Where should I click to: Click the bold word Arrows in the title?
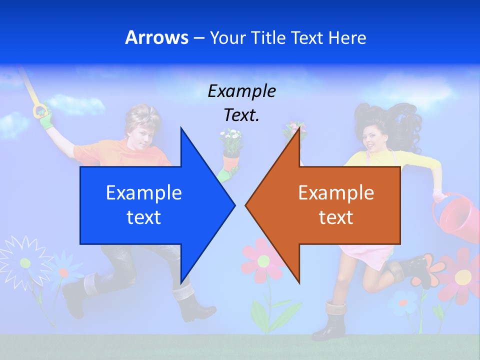pyautogui.click(x=156, y=37)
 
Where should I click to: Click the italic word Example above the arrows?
pyautogui.click(x=241, y=91)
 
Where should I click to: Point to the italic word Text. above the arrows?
pyautogui.click(x=241, y=115)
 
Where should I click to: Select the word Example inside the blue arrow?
pyautogui.click(x=144, y=192)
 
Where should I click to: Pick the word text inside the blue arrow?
pyautogui.click(x=144, y=217)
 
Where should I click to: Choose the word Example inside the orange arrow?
pyautogui.click(x=336, y=192)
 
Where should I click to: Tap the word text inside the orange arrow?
pyautogui.click(x=336, y=217)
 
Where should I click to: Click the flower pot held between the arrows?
pyautogui.click(x=231, y=161)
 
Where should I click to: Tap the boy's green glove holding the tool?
pyautogui.click(x=45, y=118)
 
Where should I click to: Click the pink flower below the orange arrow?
pyautogui.click(x=261, y=260)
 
